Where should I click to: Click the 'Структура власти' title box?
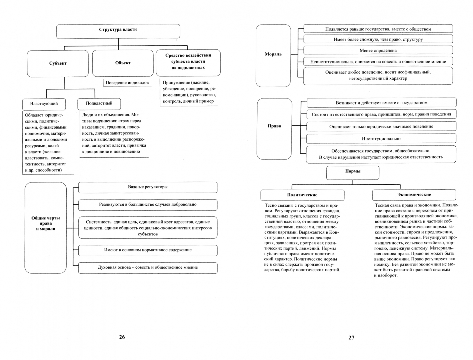(x=118, y=30)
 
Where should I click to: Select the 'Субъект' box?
(x=58, y=63)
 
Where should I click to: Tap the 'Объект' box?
(x=123, y=63)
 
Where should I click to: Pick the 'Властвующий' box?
(x=44, y=104)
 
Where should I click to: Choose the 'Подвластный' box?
(x=99, y=103)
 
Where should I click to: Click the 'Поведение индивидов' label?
(x=127, y=83)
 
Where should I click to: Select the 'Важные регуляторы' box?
(x=148, y=187)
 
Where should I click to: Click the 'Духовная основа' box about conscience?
(x=148, y=267)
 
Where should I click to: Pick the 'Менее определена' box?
(x=378, y=50)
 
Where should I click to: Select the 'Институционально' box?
(x=381, y=139)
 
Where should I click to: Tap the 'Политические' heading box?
(x=302, y=195)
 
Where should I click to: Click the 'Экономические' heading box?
(x=414, y=195)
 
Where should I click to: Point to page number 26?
(x=122, y=337)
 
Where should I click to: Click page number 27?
(x=351, y=338)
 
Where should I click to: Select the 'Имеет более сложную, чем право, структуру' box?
(x=378, y=39)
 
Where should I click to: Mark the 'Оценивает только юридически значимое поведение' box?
(x=381, y=126)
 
